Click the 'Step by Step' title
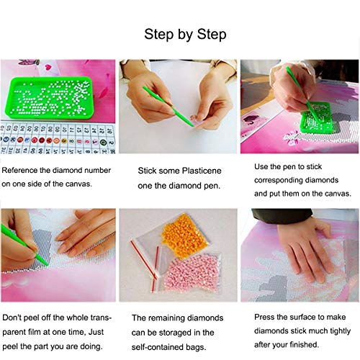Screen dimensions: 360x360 pos(185,34)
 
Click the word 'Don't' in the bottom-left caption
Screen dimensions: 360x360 pos(12,318)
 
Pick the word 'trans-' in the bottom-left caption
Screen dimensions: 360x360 pos(102,318)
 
